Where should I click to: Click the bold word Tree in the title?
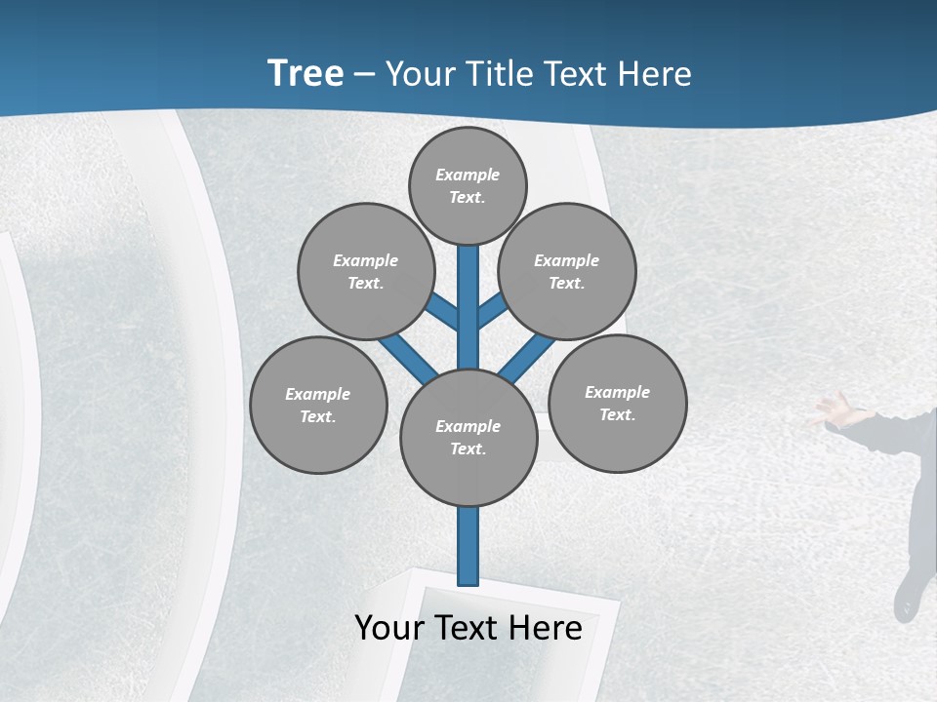306,73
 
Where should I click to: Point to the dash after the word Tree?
364,74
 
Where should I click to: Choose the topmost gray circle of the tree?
468,185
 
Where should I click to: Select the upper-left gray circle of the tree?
365,271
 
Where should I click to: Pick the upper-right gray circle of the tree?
566,271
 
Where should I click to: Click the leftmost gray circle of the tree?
318,405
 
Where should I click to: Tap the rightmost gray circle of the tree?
617,403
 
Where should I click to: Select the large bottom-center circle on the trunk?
468,437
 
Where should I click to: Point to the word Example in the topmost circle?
468,175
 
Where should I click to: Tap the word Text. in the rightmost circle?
617,414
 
